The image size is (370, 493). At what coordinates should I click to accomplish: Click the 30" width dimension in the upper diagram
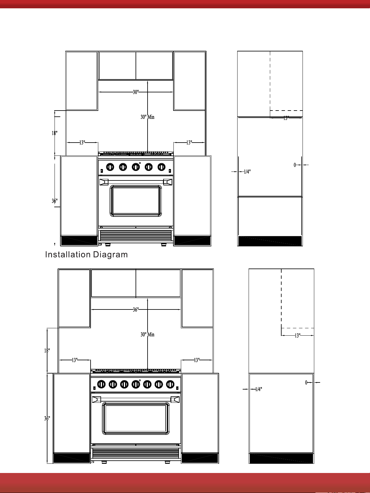(136, 92)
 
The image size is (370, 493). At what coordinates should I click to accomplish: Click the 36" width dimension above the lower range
(136, 310)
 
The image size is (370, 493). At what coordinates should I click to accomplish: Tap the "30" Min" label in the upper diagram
(147, 117)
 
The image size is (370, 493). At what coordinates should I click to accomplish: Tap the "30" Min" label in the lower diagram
(147, 335)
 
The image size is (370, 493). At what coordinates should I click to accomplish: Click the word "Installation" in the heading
(67, 254)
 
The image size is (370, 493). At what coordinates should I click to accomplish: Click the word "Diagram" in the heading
(110, 255)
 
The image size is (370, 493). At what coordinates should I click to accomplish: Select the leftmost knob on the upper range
(110, 167)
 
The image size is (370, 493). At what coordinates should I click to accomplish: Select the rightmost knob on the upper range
(161, 167)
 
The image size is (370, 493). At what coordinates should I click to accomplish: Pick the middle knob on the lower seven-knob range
(136, 384)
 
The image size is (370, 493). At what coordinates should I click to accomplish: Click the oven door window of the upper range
(136, 201)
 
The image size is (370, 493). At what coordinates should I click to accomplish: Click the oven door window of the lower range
(136, 418)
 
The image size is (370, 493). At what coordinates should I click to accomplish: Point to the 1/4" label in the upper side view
(247, 172)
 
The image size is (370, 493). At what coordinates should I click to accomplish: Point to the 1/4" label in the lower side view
(258, 389)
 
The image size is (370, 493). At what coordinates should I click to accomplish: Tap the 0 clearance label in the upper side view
(295, 165)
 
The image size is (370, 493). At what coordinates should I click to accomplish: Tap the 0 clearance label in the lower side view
(306, 382)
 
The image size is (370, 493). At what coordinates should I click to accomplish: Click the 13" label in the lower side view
(297, 336)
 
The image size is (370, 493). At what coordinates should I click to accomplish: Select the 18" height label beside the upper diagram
(55, 133)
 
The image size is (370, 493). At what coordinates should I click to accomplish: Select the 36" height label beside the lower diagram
(47, 418)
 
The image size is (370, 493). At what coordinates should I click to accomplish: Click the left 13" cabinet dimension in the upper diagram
(82, 143)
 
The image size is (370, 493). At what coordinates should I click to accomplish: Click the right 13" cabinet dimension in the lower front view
(197, 360)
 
